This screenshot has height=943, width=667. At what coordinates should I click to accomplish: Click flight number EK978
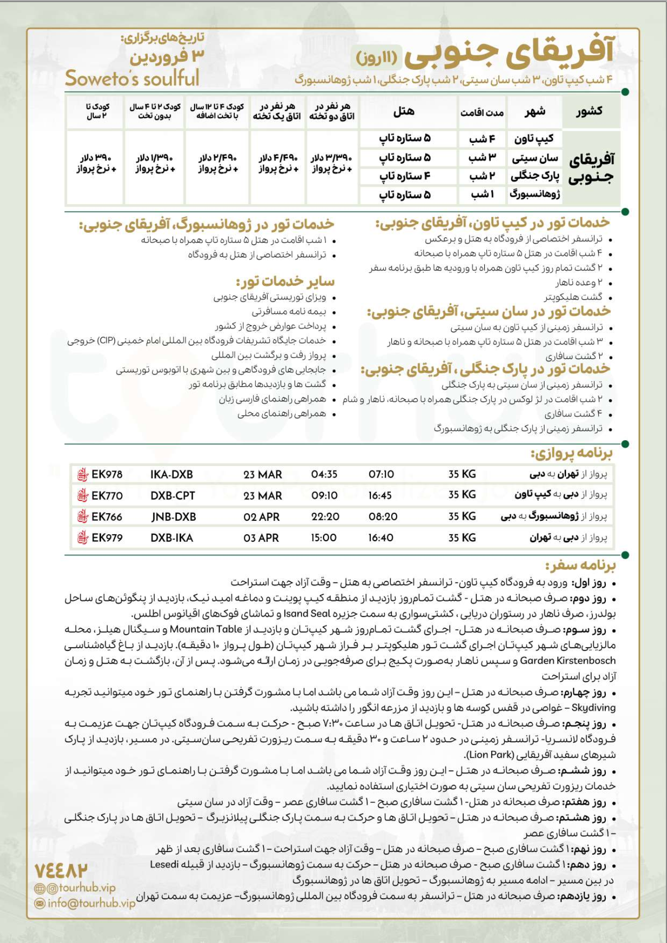point(107,474)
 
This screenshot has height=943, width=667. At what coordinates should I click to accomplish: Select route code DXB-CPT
point(172,496)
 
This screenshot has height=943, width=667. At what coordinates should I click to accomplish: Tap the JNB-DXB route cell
point(173,517)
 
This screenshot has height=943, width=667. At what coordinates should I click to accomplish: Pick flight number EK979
point(107,538)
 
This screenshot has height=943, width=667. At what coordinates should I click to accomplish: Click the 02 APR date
point(261,517)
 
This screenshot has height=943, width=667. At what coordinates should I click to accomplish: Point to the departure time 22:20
point(325,517)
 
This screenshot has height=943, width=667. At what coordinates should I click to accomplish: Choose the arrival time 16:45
point(380,495)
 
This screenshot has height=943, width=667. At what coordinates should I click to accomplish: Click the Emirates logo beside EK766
point(83,517)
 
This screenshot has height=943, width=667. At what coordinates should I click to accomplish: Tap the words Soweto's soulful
point(132,78)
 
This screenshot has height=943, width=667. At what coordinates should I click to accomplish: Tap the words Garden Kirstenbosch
point(567,661)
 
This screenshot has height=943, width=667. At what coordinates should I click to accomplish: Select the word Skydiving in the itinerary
point(593,707)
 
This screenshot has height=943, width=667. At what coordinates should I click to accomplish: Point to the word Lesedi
point(164,864)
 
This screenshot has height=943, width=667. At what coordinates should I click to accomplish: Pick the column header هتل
point(403,112)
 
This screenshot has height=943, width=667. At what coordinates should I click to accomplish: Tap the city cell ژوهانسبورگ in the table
point(535,195)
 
